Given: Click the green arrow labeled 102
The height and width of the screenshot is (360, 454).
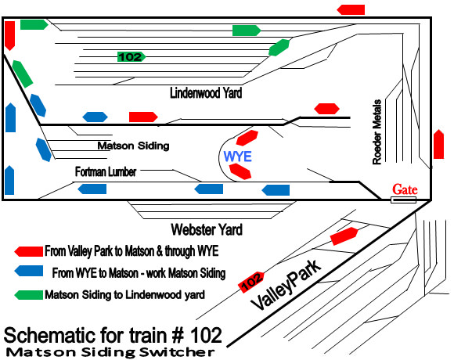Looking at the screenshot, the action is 132,56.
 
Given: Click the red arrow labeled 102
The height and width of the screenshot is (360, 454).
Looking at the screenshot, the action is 251,282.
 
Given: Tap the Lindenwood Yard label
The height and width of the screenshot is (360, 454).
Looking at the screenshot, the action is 206,93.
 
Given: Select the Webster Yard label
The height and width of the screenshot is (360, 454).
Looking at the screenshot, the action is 207,229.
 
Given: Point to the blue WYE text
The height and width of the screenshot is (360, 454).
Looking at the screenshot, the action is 237,157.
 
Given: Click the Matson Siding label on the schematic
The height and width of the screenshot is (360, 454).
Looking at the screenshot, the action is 133,146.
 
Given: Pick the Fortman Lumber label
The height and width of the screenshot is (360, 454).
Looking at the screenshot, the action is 106,171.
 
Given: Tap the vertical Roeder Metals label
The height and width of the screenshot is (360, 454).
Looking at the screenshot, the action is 377,132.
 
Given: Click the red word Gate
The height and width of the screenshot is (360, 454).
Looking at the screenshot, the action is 405,189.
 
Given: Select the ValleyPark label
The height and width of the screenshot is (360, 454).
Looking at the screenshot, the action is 286,285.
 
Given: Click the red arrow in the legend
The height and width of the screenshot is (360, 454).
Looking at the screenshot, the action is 29,251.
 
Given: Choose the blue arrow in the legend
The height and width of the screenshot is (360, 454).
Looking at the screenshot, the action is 29,271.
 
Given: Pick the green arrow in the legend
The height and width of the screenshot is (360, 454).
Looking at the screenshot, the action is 29,295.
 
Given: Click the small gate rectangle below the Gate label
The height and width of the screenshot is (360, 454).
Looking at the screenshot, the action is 403,200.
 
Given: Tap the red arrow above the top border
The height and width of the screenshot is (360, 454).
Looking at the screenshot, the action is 351,9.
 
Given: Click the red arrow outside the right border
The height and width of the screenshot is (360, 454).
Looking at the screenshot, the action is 438,144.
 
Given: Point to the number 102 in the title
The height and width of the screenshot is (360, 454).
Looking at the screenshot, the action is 206,336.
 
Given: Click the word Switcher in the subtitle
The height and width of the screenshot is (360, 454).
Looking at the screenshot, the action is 177,352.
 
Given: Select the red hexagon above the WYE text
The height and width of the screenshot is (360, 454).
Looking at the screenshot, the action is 247,138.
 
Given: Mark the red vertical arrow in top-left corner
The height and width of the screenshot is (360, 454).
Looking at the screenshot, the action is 10,35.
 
